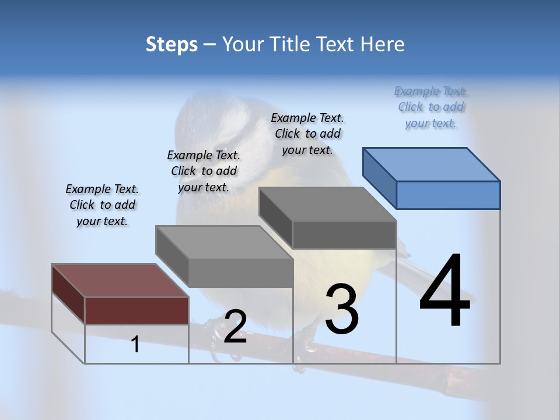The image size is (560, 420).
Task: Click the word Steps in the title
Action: pyautogui.click(x=171, y=44)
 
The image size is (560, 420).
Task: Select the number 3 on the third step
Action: pyautogui.click(x=342, y=309)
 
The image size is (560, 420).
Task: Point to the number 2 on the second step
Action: pyautogui.click(x=235, y=326)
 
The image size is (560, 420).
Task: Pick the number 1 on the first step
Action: pyautogui.click(x=135, y=344)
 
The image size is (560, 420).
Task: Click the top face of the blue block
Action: pyautogui.click(x=432, y=164)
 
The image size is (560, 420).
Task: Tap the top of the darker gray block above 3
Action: pyautogui.click(x=327, y=204)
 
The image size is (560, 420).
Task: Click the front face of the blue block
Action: pyautogui.click(x=448, y=195)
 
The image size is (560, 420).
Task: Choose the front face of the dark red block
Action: pyautogui.click(x=136, y=310)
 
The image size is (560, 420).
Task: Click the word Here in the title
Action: pyautogui.click(x=383, y=44)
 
